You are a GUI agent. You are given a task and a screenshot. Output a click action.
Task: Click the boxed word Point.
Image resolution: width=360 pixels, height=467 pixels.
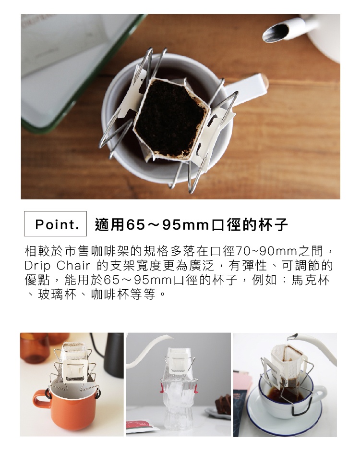tap(57, 224)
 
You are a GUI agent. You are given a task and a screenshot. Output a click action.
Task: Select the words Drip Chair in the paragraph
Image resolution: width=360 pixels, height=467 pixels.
tap(57, 266)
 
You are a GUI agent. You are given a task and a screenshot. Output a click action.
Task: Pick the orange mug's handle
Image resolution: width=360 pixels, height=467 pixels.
tap(41, 399)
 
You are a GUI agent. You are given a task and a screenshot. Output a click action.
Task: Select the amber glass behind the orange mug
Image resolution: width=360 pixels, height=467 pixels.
tap(34, 348)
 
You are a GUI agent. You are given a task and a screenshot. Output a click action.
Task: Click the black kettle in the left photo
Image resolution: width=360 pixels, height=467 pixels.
tap(113, 355)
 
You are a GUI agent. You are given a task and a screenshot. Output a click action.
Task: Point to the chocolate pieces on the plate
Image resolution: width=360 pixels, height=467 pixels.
tap(223, 403)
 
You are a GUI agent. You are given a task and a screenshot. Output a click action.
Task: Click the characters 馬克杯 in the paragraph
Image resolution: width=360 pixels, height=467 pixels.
tap(310, 280)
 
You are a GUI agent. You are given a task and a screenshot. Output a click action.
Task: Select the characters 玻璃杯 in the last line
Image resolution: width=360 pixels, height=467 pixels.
tap(57, 295)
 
